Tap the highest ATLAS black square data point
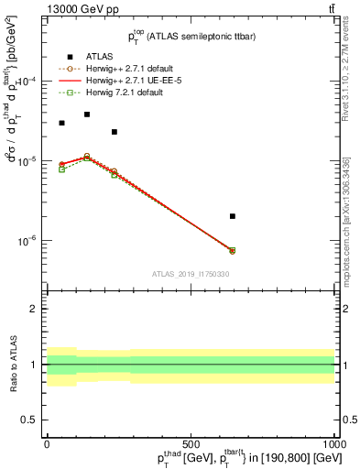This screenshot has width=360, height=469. point(87,115)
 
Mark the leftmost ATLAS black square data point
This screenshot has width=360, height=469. point(61,123)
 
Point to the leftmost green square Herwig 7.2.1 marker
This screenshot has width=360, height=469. point(61,169)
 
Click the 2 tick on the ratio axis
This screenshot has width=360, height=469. point(34,309)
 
